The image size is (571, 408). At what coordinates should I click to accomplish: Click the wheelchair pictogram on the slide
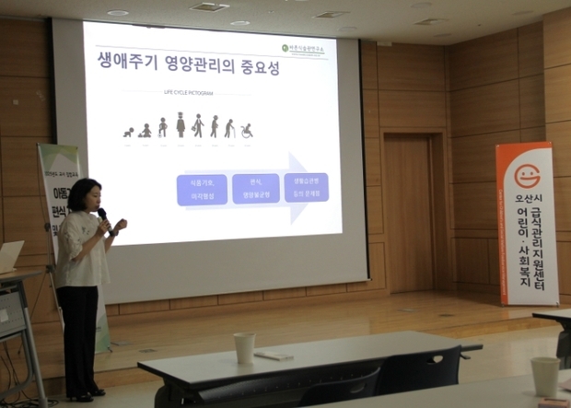(x=247, y=131)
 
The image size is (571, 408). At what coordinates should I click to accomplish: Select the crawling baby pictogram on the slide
(x=128, y=133)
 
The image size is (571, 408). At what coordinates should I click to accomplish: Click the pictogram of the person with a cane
(x=229, y=128)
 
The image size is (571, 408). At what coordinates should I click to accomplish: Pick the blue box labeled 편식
(x=254, y=188)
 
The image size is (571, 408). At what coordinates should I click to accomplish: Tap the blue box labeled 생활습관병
(x=306, y=186)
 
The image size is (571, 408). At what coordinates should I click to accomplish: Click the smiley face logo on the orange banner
(x=526, y=176)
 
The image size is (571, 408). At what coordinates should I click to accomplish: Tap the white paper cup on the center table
(x=244, y=347)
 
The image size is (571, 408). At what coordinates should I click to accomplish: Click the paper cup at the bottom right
(x=544, y=376)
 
